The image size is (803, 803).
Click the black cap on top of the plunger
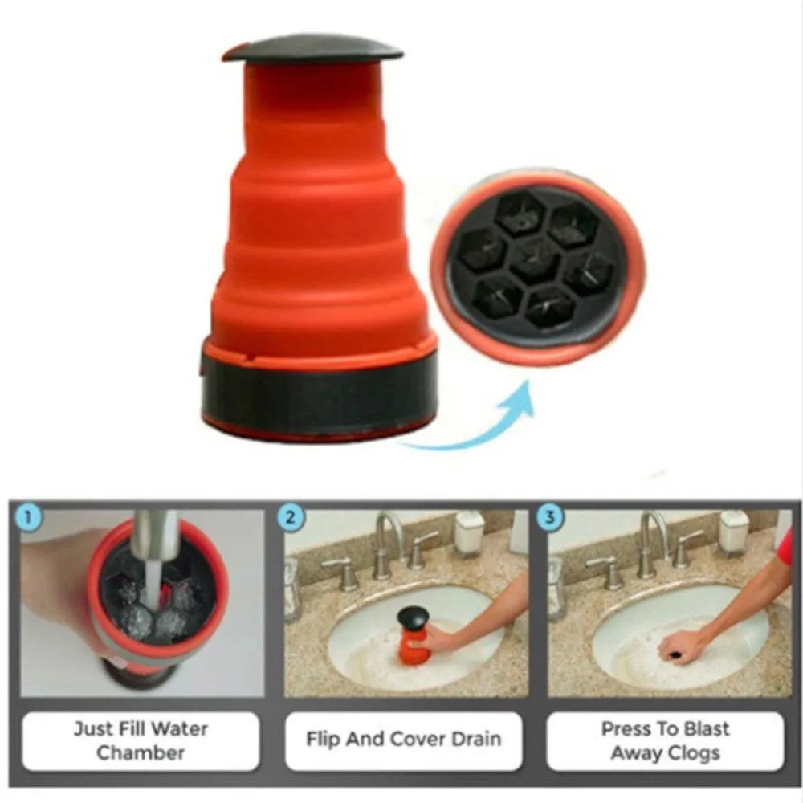(312, 48)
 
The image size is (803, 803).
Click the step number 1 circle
(30, 517)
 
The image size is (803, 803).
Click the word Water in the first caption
(177, 729)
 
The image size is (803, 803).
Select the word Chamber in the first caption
(141, 753)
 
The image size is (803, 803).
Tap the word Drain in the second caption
(473, 740)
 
